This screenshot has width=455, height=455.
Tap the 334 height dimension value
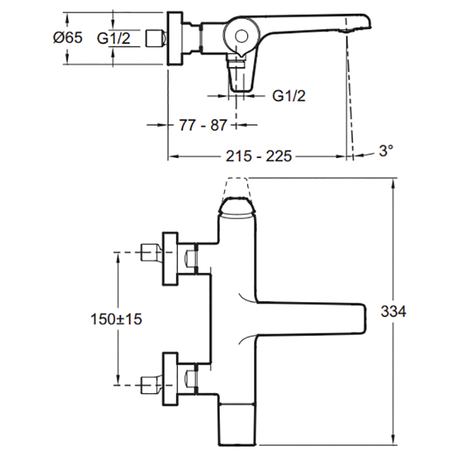(x=393, y=312)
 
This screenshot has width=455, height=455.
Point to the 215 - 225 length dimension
(x=259, y=157)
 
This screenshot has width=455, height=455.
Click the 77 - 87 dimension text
(x=203, y=125)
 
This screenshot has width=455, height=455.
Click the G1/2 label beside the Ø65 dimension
(x=114, y=38)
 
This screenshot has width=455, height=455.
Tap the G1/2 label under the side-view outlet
(x=289, y=97)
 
